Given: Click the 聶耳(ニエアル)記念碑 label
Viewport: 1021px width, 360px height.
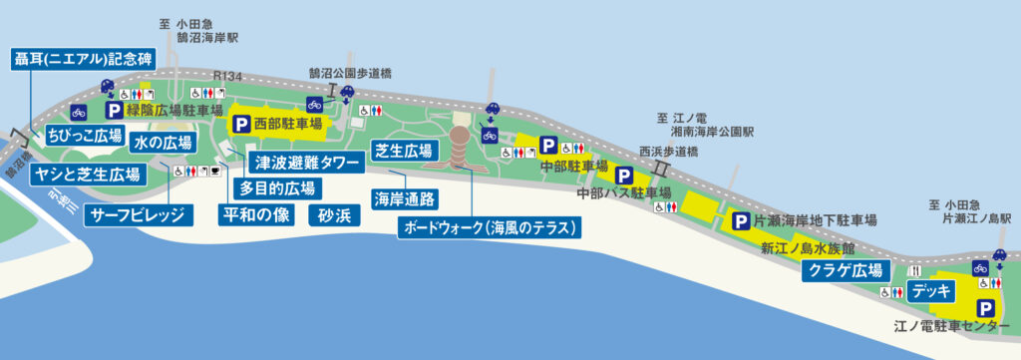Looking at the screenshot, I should [x=82, y=56].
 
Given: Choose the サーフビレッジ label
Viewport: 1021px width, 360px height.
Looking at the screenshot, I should [x=137, y=214].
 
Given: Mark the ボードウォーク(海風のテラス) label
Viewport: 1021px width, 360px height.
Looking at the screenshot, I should [x=489, y=227].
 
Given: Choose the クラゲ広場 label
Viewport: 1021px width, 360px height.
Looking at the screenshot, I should [x=846, y=270].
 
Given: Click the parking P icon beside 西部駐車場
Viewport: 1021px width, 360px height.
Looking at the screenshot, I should [x=240, y=125].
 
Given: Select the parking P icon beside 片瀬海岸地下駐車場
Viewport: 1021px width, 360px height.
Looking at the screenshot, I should [x=741, y=220].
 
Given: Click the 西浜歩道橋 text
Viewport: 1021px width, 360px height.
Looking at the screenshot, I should [x=670, y=152].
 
